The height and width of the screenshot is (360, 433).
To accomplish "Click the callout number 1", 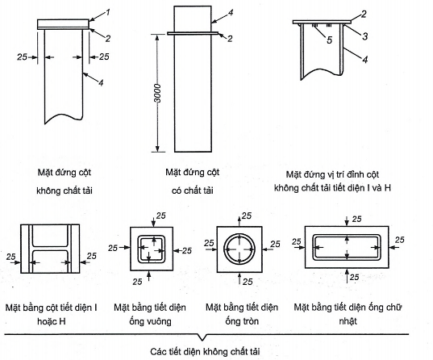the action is tap(108, 12).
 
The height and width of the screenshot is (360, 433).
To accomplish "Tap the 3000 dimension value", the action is tap(157, 93).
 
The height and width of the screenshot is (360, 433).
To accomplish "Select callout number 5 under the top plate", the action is tap(330, 40).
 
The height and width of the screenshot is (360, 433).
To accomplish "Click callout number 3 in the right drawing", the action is tap(365, 36).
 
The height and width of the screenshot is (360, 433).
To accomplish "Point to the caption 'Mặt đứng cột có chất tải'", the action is tap(193, 182).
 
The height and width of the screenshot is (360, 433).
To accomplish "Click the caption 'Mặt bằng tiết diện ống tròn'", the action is tap(242, 314).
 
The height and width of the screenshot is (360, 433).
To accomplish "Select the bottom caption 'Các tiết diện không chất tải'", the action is tap(205, 352).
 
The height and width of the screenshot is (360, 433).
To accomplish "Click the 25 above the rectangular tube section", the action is tap(356, 219).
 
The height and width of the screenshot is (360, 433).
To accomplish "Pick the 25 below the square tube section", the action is tap(137, 282).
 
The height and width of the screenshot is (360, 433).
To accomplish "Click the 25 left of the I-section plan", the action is tap(10, 257).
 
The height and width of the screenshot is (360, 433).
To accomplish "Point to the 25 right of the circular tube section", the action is tap(275, 244).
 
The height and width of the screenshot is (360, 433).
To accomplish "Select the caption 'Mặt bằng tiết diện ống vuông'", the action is tap(150, 314).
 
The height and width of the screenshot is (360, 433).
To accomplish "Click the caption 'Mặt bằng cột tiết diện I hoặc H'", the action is tap(52, 314).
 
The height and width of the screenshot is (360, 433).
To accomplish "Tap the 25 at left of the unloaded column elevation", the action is tap(22, 57).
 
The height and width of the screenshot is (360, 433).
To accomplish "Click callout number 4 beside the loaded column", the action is tap(231, 12).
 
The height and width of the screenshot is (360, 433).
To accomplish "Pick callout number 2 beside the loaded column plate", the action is tap(230, 39).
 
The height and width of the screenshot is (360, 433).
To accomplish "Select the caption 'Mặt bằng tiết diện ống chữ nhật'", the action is tap(348, 314).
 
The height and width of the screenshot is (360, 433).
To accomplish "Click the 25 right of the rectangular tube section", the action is tap(399, 240).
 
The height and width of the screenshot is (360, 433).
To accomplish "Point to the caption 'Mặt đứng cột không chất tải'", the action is tap(65, 182).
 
